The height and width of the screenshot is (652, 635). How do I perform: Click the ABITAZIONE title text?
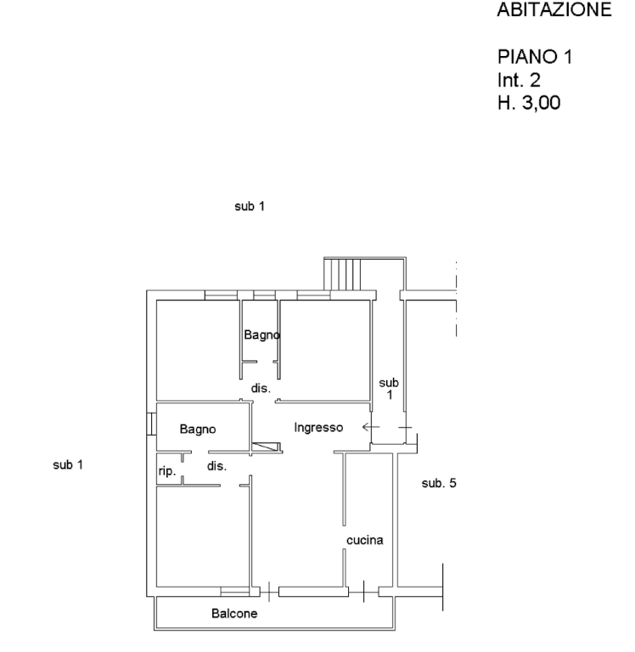554,9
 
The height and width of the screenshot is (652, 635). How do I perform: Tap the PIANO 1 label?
535,57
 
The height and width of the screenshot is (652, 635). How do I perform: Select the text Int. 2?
519,80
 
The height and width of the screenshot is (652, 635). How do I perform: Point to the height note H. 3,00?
529,103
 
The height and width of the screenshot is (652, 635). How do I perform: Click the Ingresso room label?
318,428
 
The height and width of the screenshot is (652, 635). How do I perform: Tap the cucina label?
365,540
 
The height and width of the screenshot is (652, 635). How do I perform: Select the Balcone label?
234,613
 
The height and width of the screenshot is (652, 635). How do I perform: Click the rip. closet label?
167,471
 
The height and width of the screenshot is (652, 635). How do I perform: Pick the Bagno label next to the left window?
198,429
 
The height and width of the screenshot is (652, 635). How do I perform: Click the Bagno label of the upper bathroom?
262,334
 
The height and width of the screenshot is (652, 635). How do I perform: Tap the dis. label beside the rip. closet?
216,466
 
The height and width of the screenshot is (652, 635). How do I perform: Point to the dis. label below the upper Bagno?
261,388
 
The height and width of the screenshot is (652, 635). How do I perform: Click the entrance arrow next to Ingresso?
370,427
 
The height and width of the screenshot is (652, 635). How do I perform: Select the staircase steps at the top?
342,274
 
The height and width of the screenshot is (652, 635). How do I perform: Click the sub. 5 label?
439,483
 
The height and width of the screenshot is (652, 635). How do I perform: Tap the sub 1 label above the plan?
250,206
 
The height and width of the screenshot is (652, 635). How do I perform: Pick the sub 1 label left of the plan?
68,465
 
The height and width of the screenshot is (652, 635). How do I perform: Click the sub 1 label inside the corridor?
389,388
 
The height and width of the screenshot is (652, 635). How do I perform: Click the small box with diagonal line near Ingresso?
267,447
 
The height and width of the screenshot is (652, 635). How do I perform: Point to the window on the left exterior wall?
151,424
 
